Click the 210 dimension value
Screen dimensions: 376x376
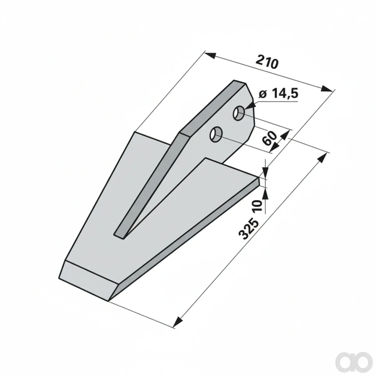point(267,62)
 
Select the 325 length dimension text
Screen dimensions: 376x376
point(248,228)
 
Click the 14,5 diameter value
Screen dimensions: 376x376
point(285,94)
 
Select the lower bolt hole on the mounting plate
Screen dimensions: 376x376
point(216,135)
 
